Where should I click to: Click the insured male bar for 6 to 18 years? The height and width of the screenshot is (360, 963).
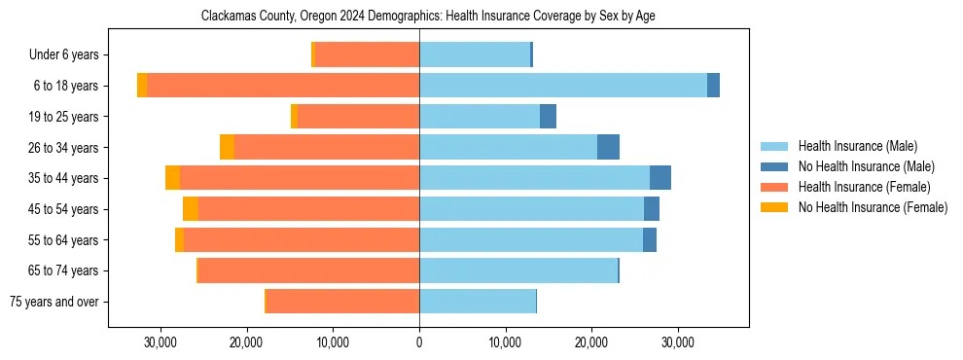pyautogui.click(x=563, y=86)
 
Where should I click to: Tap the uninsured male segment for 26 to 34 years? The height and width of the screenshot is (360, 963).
pyautogui.click(x=608, y=147)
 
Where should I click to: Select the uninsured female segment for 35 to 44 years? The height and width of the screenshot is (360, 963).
pyautogui.click(x=172, y=178)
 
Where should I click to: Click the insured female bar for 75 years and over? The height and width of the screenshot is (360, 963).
pyautogui.click(x=342, y=302)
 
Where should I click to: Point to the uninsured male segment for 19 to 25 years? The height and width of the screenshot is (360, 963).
pyautogui.click(x=548, y=117)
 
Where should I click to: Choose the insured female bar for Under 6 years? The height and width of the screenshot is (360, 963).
pyautogui.click(x=367, y=55)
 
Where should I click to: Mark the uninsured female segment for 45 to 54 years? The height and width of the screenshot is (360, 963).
pyautogui.click(x=191, y=209)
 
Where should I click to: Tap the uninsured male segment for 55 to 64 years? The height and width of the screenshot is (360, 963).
pyautogui.click(x=650, y=240)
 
